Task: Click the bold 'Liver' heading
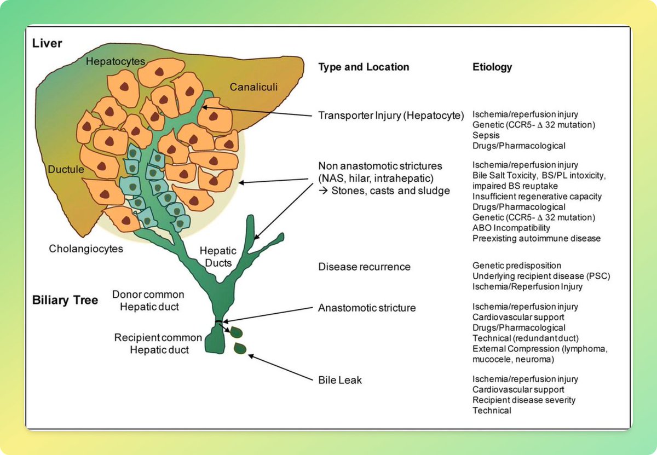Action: (47, 43)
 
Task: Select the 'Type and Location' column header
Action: (364, 67)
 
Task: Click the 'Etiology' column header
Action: (492, 67)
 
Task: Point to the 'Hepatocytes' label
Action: (116, 62)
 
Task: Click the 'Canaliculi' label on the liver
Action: (254, 87)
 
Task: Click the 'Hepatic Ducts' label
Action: (218, 257)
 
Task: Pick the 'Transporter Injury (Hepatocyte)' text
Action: (391, 116)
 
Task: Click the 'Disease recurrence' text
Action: (364, 267)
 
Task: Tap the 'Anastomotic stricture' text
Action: (367, 308)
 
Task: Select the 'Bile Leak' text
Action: (340, 379)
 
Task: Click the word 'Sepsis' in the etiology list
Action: (486, 136)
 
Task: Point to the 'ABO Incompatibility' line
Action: (511, 228)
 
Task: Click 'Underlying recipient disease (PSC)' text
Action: (541, 276)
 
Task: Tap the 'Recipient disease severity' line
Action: (524, 400)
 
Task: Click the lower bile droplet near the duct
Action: (239, 349)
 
